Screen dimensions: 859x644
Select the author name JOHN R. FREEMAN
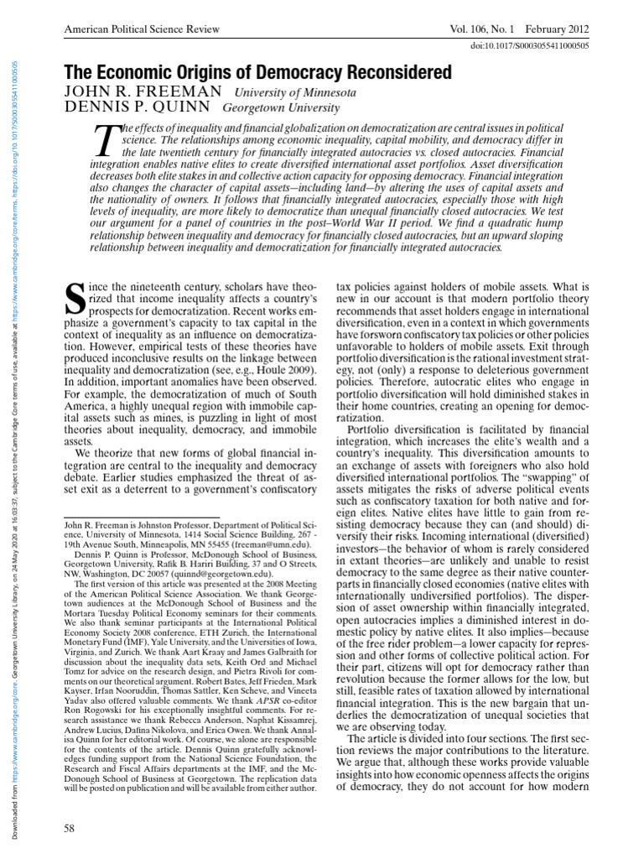coord(143,91)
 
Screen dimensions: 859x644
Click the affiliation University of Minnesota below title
coord(294,92)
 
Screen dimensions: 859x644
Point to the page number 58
coord(70,829)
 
